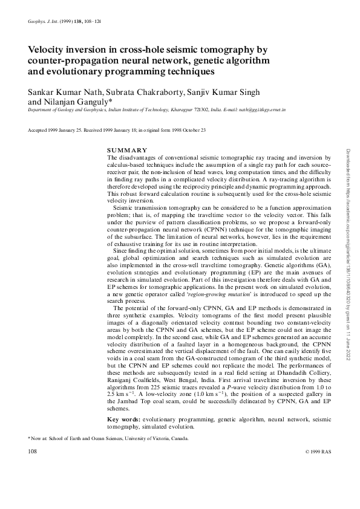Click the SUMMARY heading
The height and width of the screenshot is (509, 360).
point(127,149)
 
